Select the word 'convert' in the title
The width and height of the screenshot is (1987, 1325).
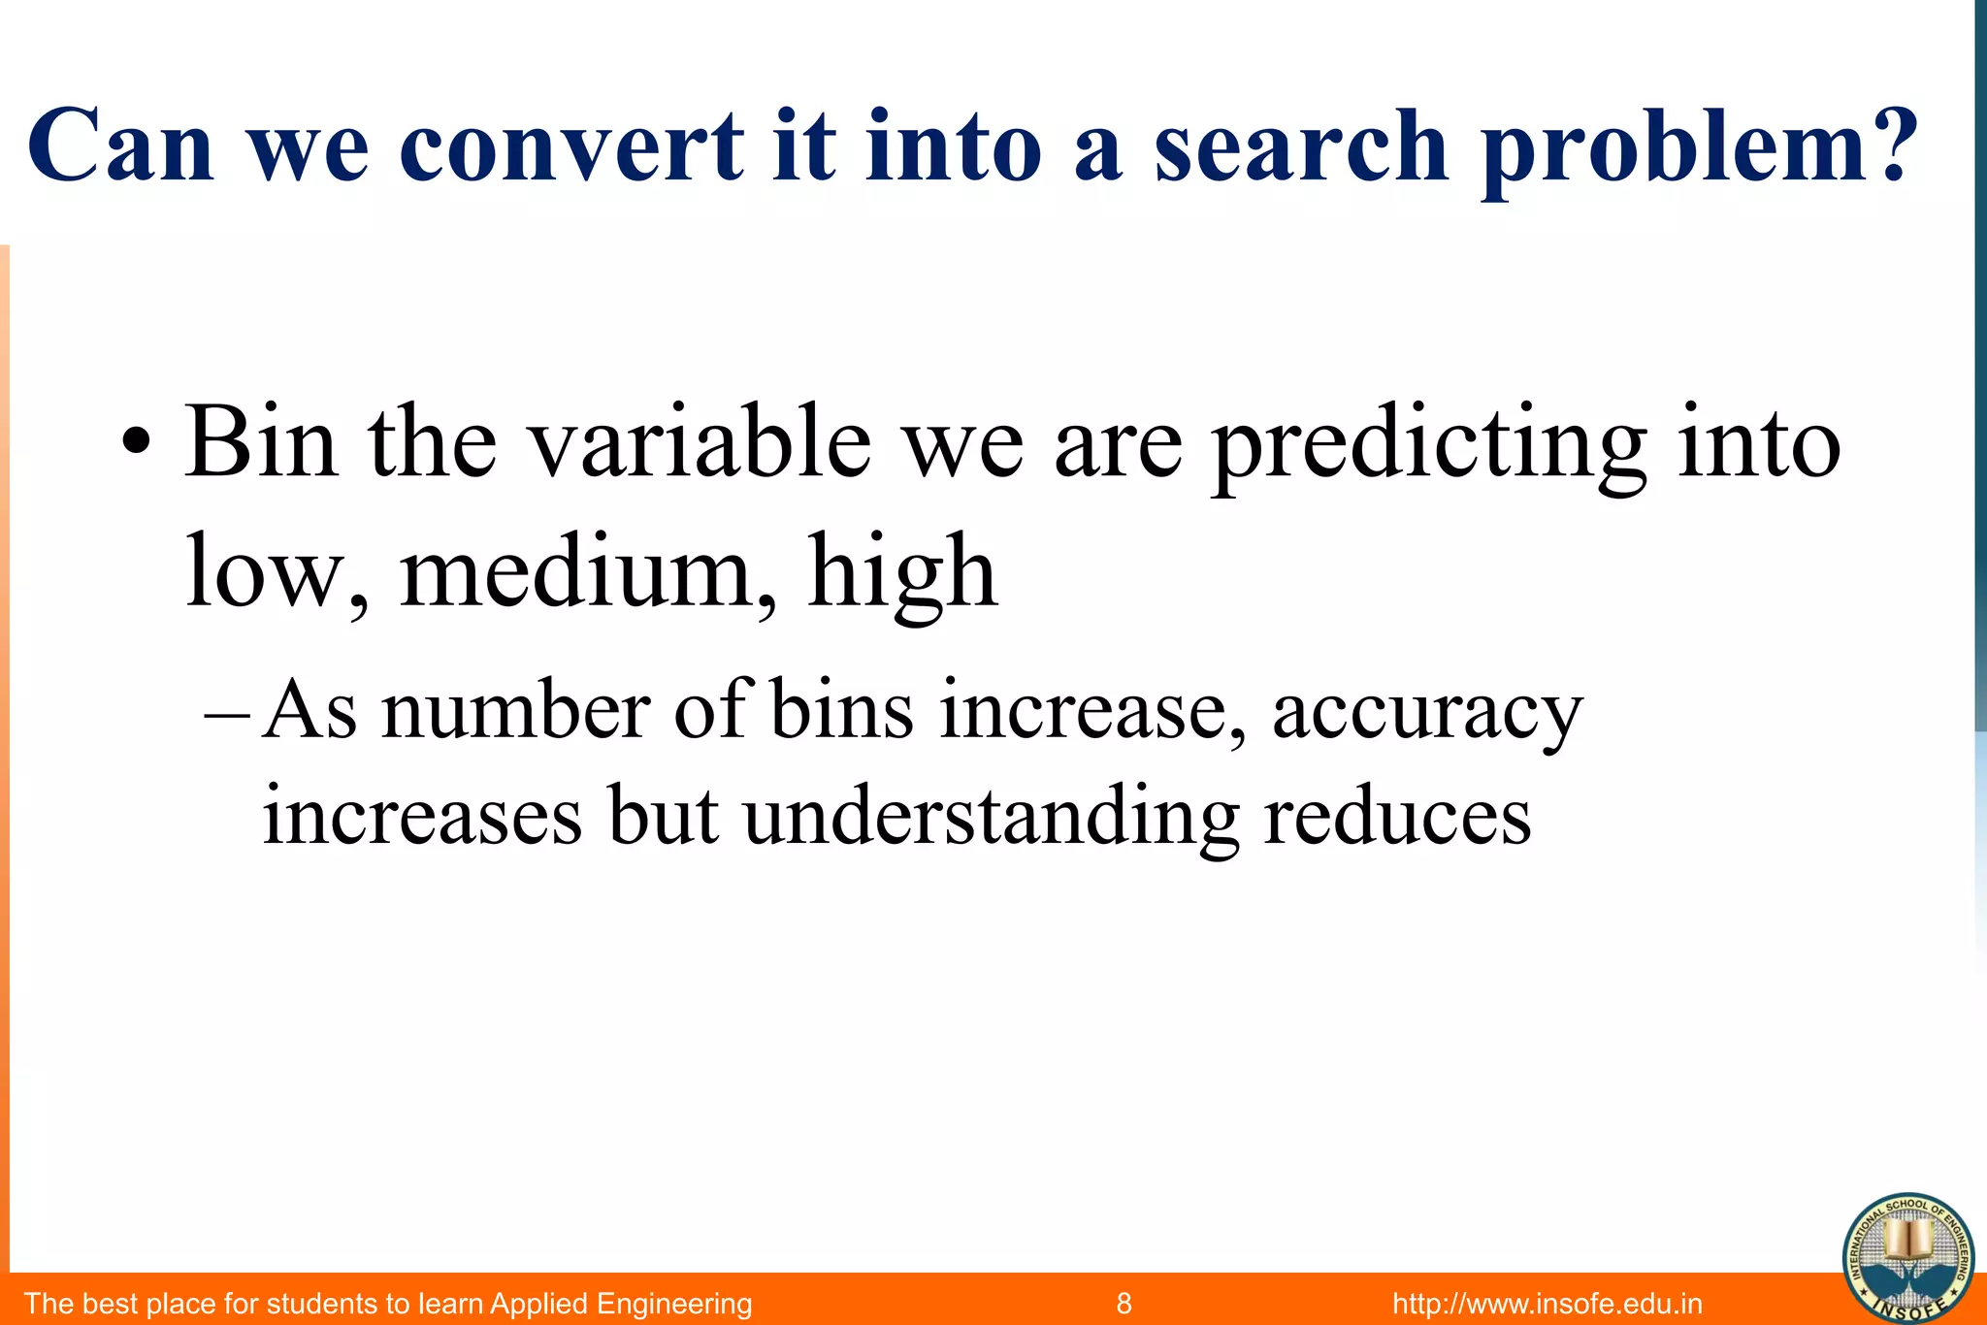point(570,147)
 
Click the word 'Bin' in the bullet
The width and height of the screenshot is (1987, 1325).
point(261,442)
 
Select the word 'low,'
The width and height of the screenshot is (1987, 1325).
point(277,572)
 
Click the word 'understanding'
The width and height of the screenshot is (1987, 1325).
point(991,817)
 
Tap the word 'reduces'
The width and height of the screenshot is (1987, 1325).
point(1397,817)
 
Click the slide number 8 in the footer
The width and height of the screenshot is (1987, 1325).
point(1124,1303)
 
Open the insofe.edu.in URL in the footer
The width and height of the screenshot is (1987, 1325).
point(1547,1303)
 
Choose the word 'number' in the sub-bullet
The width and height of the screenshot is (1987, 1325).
point(515,710)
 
